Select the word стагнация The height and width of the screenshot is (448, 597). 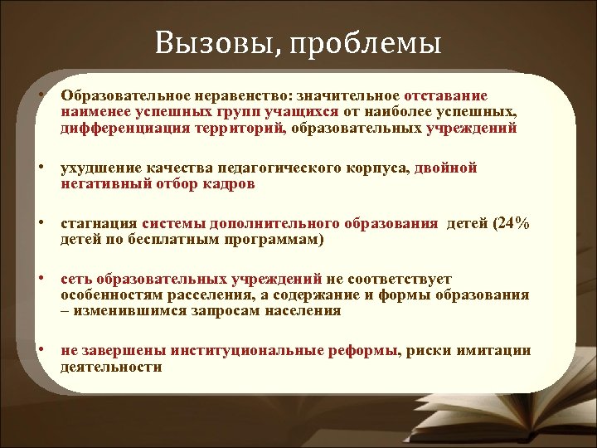tap(99, 224)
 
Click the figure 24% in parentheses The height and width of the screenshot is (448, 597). tap(512, 224)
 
